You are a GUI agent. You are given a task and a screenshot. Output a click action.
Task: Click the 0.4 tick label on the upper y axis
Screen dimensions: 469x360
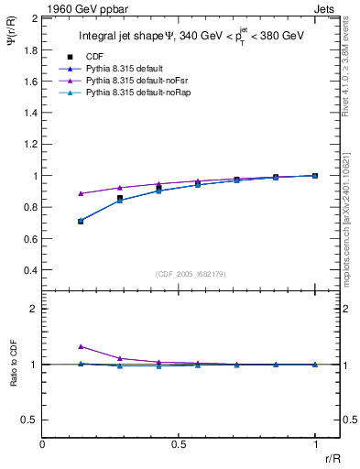pyautogui.click(x=31, y=271)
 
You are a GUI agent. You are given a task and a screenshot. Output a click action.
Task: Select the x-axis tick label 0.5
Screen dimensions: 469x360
pyautogui.click(x=179, y=444)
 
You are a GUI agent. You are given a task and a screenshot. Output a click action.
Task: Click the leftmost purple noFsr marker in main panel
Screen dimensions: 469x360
pyautogui.click(x=82, y=193)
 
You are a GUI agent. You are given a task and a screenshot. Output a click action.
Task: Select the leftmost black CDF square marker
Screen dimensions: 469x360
pyautogui.click(x=82, y=221)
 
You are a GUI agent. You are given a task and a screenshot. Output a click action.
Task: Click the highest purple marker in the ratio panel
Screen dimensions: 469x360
pyautogui.click(x=82, y=346)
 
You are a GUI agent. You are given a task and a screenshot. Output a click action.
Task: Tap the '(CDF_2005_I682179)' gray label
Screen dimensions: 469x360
pyautogui.click(x=180, y=273)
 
